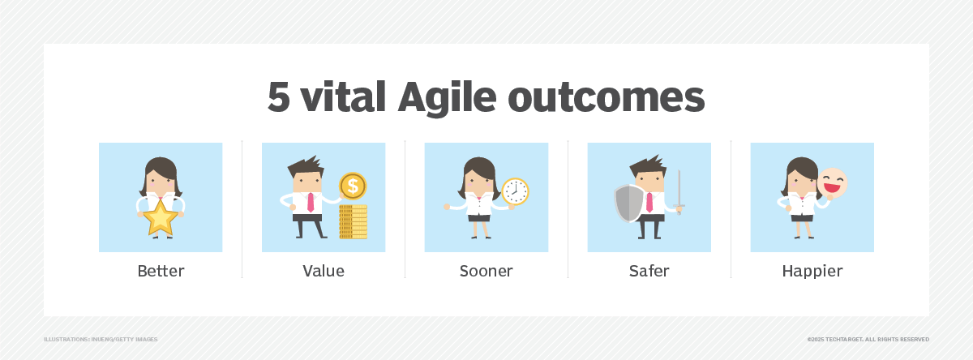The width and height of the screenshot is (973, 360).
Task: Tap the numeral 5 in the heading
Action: [280, 98]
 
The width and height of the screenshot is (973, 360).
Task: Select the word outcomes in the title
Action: [606, 98]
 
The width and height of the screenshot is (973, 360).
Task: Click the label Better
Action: [161, 271]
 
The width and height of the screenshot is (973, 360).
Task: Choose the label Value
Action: [323, 271]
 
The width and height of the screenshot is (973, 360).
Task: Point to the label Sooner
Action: [486, 271]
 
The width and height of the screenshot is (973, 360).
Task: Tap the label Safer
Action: [649, 271]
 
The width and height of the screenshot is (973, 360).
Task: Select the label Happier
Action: [812, 271]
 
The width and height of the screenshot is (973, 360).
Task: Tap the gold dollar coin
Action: [353, 186]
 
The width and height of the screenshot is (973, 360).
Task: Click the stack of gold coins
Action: [354, 221]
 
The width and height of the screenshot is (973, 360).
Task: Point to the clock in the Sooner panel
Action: [515, 191]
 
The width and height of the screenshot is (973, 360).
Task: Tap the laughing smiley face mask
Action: [833, 184]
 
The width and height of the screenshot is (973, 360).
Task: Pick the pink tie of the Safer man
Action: [649, 203]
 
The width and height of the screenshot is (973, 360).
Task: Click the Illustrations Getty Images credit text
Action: [101, 339]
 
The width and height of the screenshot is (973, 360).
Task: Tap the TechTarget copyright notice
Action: [868, 339]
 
